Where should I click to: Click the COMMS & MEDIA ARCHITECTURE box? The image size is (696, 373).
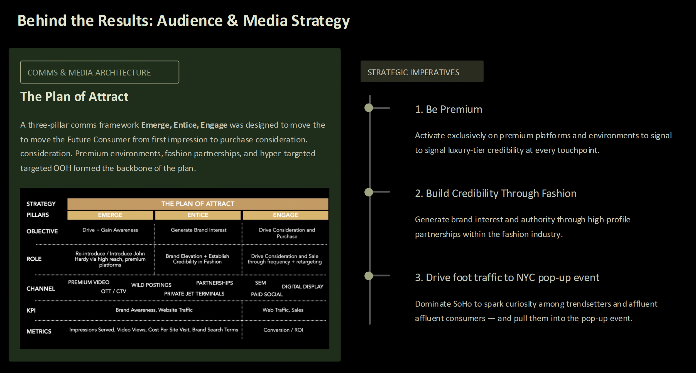(99, 72)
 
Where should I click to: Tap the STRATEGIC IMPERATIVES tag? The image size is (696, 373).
(421, 72)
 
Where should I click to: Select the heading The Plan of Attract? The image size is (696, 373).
(74, 97)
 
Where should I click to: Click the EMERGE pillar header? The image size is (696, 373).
(110, 215)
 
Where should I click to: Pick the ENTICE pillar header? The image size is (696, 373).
(198, 215)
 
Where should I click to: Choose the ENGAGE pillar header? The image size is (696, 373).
(285, 215)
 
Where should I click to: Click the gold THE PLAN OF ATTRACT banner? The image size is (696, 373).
(198, 204)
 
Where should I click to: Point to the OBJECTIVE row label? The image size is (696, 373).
(42, 231)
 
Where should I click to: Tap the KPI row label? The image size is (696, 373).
(31, 310)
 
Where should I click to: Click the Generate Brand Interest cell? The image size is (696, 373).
(198, 230)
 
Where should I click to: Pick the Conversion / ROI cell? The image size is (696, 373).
(283, 330)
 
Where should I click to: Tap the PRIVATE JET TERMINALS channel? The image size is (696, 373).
(194, 294)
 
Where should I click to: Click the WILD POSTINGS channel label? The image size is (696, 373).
(151, 285)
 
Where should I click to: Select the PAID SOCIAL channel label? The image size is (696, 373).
(267, 294)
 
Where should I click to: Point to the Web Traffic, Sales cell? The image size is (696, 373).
(283, 310)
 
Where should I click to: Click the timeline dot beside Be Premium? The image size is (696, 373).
(369, 108)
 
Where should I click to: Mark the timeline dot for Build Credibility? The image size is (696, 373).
(369, 192)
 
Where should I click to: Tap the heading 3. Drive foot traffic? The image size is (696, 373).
(507, 278)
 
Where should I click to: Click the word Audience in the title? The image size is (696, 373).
(190, 21)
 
